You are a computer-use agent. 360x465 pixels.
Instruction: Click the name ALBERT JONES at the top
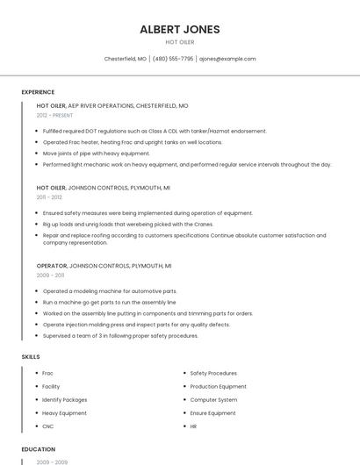(180, 29)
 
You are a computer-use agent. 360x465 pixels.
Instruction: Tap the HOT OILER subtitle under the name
(180, 42)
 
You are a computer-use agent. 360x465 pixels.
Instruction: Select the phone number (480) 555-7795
(172, 59)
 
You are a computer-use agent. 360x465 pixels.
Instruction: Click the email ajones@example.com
(227, 59)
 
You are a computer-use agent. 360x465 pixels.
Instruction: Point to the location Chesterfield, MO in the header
(126, 59)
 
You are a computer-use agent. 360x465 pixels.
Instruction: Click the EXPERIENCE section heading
(38, 92)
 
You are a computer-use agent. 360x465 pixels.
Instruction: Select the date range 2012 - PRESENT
(55, 115)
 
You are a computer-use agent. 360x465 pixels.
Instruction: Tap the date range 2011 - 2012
(49, 197)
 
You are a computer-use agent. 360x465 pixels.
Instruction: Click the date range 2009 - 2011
(50, 275)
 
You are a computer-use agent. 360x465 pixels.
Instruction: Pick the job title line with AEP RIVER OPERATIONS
(112, 105)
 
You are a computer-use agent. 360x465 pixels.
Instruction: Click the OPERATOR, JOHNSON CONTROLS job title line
(104, 266)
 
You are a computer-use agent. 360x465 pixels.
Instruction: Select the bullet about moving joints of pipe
(96, 154)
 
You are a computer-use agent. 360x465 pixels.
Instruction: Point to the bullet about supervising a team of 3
(120, 336)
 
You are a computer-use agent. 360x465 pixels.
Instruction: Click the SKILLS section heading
(31, 357)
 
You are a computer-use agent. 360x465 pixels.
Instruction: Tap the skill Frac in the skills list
(47, 373)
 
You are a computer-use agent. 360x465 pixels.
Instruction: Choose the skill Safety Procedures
(213, 373)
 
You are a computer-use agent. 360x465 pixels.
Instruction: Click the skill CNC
(47, 426)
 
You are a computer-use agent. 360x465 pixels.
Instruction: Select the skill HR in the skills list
(193, 426)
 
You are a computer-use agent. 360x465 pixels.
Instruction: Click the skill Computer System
(213, 400)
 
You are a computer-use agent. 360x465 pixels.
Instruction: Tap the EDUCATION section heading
(38, 449)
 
